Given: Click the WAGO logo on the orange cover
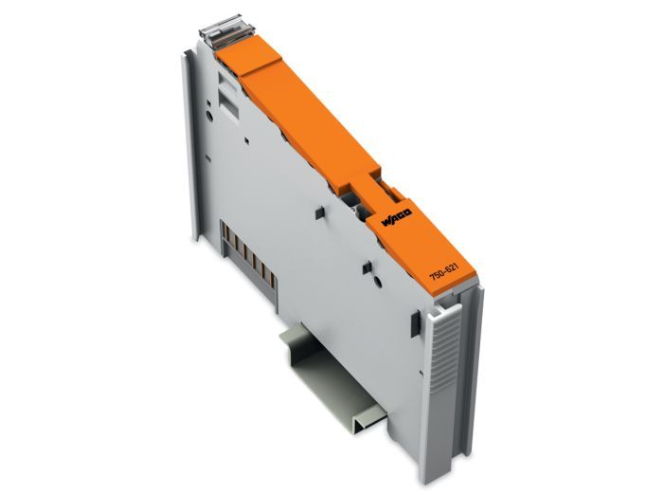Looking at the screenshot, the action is coord(397,217).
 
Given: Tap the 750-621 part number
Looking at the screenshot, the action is coord(444,270).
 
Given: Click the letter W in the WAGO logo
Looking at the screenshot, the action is coord(386,223).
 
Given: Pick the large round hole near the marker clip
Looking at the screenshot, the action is coord(209,116).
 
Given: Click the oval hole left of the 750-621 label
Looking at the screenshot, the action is coord(378,282).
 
